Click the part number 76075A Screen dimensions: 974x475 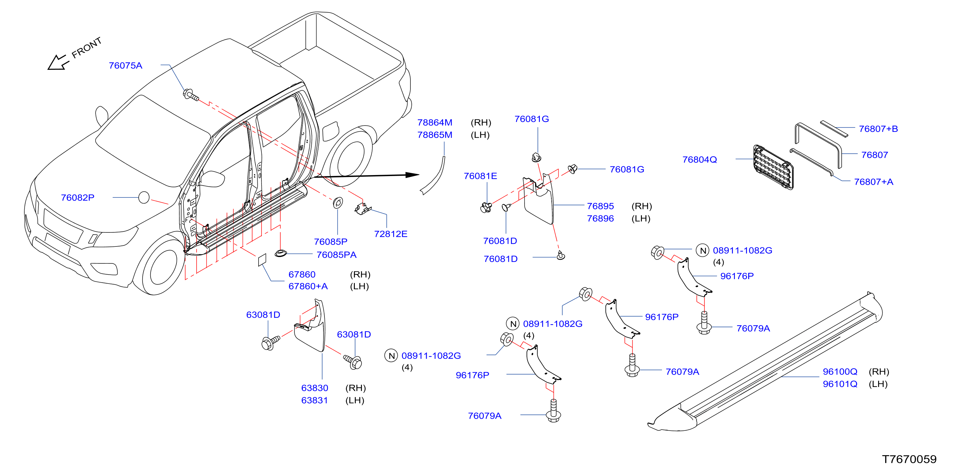(125, 66)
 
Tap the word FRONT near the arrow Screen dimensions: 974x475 (87, 48)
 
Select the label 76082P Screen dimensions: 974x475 (77, 197)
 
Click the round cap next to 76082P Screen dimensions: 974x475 (144, 197)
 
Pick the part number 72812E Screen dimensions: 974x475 (391, 234)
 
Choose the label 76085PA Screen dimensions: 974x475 (336, 255)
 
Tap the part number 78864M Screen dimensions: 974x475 (434, 123)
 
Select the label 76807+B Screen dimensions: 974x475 (878, 129)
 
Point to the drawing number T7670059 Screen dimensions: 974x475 (909, 459)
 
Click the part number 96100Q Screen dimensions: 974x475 (840, 372)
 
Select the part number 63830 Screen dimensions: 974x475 (315, 388)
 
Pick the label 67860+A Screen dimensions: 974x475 (308, 286)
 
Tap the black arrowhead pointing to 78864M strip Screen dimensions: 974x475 (412, 175)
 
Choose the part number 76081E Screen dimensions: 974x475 (480, 176)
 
